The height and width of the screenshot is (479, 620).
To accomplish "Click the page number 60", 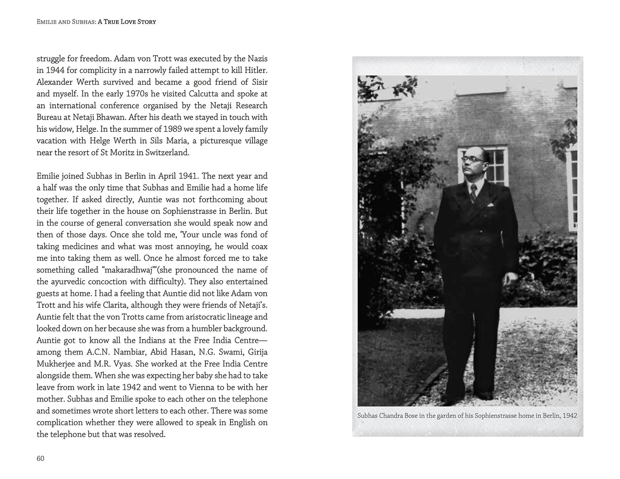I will pos(41,458).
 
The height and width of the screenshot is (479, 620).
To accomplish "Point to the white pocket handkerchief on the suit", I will pos(491,205).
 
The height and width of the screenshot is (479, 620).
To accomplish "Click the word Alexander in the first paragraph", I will pos(55,82).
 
